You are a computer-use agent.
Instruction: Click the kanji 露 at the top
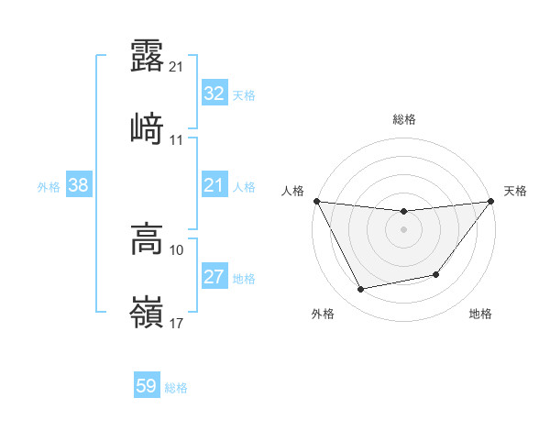coord(147,57)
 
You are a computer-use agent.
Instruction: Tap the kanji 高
coord(147,240)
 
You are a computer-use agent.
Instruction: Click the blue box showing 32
coord(214,94)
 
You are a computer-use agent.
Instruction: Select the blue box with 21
coord(214,185)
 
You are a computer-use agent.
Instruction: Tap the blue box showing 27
coord(214,277)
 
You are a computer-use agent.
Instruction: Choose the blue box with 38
coord(79,185)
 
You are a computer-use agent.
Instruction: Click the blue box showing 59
coord(147,386)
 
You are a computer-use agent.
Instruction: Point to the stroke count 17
coord(177,323)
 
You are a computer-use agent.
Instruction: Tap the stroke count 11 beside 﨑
coord(177,140)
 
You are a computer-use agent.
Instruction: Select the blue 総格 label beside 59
coord(176,388)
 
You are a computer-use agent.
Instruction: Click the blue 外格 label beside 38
coord(49,186)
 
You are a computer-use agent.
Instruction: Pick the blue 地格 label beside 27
coord(244,278)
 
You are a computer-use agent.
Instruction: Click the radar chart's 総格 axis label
coord(404,119)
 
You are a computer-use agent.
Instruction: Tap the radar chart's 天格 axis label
coord(516,191)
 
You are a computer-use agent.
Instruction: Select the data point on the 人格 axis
coord(316,201)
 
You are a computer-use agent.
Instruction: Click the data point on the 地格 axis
coord(436,274)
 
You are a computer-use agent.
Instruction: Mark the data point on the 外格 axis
coord(361,290)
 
